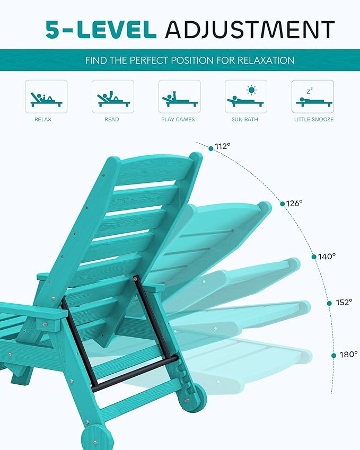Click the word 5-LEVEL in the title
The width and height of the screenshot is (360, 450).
pyautogui.click(x=101, y=30)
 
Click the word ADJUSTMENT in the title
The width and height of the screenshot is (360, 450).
pyautogui.click(x=250, y=30)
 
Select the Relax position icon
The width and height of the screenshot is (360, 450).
pyautogui.click(x=46, y=96)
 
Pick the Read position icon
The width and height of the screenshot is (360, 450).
pyautogui.click(x=112, y=96)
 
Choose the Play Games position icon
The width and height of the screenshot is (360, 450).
pyautogui.click(x=179, y=96)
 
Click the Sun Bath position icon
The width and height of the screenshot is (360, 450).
pyautogui.click(x=245, y=96)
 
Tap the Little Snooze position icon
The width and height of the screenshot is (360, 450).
pyautogui.click(x=312, y=96)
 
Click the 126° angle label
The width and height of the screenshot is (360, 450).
pyautogui.click(x=295, y=203)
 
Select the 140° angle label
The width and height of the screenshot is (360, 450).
pyautogui.click(x=327, y=257)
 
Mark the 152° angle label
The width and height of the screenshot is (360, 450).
pyautogui.click(x=344, y=303)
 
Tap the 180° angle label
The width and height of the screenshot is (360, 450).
pyautogui.click(x=349, y=354)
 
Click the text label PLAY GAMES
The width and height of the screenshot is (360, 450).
pyautogui.click(x=178, y=120)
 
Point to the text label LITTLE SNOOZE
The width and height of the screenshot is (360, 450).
pyautogui.click(x=314, y=120)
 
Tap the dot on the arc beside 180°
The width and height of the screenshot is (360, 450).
pyautogui.click(x=333, y=355)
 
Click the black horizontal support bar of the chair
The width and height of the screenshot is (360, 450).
pyautogui.click(x=135, y=374)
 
